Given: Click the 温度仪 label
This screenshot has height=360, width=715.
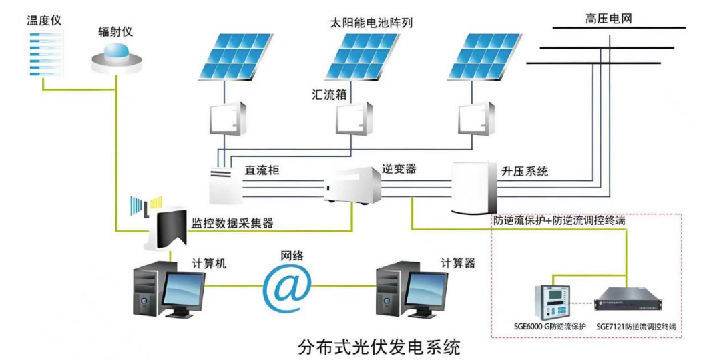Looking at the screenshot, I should (x=44, y=19).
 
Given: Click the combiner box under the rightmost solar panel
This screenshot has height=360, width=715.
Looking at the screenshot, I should (x=477, y=118).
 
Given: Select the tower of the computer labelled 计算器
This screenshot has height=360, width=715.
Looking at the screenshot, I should (x=393, y=290).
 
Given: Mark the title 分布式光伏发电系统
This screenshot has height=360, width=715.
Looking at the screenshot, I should (x=379, y=347).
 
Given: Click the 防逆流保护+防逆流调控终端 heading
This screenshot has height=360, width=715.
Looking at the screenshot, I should (x=559, y=219).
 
